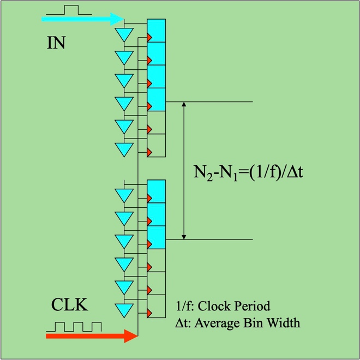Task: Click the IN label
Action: point(56,43)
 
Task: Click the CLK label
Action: point(70,305)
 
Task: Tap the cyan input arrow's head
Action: point(117,19)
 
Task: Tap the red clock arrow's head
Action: point(131,336)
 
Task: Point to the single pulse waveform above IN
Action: point(69,10)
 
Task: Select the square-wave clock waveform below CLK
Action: point(74,327)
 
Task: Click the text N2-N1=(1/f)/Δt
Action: point(248,172)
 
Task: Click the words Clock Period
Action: point(234,307)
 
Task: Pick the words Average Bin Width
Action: point(247,323)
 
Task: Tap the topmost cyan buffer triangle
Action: point(124,34)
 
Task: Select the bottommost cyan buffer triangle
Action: point(124,310)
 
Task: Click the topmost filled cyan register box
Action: point(157,31)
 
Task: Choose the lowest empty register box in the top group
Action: point(157,145)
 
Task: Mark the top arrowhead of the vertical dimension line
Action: point(184,104)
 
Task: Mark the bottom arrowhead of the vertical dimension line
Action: point(184,237)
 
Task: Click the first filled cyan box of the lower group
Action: point(157,191)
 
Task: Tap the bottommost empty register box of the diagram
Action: point(157,307)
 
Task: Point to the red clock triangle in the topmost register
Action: point(149,38)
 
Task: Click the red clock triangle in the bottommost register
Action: point(149,313)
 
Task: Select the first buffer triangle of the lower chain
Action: point(124,195)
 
